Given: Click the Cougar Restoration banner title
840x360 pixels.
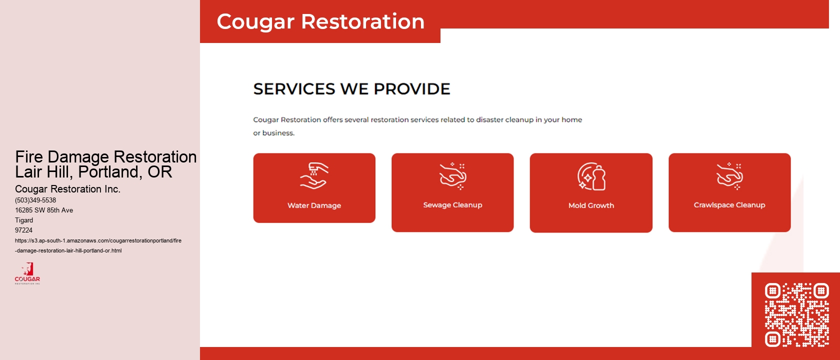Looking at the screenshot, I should tap(320, 21).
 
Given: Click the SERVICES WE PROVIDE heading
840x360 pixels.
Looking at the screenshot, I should tap(351, 89).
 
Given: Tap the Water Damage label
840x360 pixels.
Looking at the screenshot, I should tap(314, 205).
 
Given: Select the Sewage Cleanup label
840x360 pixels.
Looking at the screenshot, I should tap(452, 205).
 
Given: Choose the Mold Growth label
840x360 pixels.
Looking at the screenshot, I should tap(591, 205).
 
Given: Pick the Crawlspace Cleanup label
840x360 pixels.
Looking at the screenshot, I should tap(729, 205).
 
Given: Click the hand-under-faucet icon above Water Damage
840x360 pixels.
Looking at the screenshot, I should tap(314, 176).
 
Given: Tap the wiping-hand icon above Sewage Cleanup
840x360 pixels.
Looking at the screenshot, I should tap(452, 176).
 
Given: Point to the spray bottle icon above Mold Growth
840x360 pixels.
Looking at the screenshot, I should tap(591, 176).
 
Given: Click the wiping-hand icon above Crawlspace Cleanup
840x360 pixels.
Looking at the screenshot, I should tap(729, 176).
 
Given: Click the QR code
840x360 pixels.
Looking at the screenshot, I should tap(796, 314).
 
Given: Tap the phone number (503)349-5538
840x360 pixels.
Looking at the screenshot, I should tap(35, 200).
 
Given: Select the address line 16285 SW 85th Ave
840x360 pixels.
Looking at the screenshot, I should tap(44, 210).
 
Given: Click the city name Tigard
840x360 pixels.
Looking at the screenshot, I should tap(24, 220).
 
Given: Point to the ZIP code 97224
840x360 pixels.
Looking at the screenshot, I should tap(23, 230).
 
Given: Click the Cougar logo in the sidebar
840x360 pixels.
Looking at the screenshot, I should tap(27, 273).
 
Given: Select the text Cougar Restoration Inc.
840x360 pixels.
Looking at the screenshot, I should tap(67, 189).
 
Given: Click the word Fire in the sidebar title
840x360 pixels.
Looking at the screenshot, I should tap(29, 157).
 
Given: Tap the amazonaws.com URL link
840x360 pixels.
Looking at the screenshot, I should tap(98, 240).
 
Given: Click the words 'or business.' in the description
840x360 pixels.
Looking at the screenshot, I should tap(273, 133).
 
